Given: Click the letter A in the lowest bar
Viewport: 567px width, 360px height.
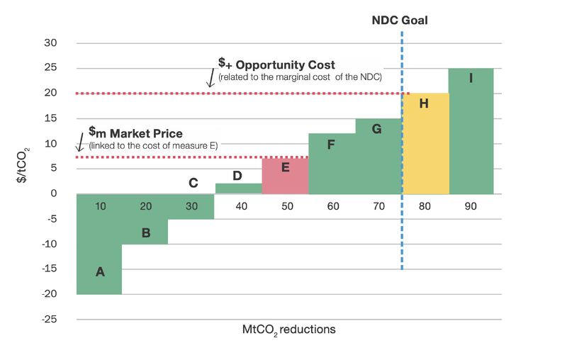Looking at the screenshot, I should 100,271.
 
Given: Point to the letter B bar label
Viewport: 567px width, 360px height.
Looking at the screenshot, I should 146,232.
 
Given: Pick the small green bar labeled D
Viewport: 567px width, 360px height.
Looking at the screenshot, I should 238,189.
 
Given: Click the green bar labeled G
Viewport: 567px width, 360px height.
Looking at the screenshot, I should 378,156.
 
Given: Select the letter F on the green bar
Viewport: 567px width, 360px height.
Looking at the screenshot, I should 331,145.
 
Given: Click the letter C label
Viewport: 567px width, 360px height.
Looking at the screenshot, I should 193,183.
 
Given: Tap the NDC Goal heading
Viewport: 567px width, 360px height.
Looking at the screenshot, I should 400,21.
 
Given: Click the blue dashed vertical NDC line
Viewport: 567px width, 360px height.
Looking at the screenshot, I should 402,234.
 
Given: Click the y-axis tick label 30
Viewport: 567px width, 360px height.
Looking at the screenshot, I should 50,43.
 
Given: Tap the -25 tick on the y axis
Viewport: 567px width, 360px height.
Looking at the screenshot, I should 48,320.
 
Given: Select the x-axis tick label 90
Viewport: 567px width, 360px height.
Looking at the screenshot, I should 471,206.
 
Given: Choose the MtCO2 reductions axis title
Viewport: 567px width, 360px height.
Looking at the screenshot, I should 288,330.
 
